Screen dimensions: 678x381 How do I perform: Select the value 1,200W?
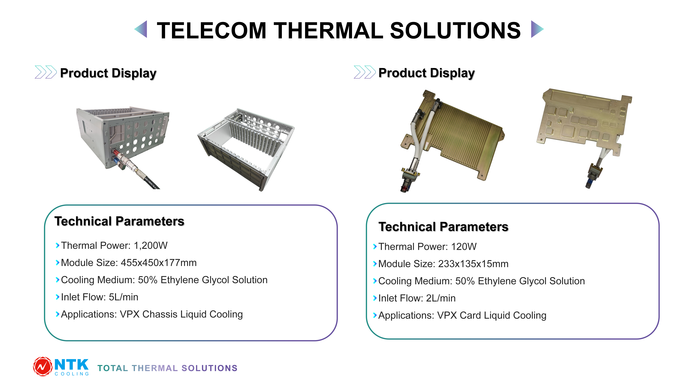pos(151,246)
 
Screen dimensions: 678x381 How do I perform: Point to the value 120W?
pos(464,247)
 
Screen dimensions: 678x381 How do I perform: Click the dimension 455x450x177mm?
pos(159,263)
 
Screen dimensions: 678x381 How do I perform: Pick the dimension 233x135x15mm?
pos(473,264)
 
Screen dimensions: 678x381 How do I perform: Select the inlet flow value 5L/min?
pos(123,297)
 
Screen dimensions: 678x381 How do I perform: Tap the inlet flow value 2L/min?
pos(441,298)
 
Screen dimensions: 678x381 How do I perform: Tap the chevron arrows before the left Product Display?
pos(46,72)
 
